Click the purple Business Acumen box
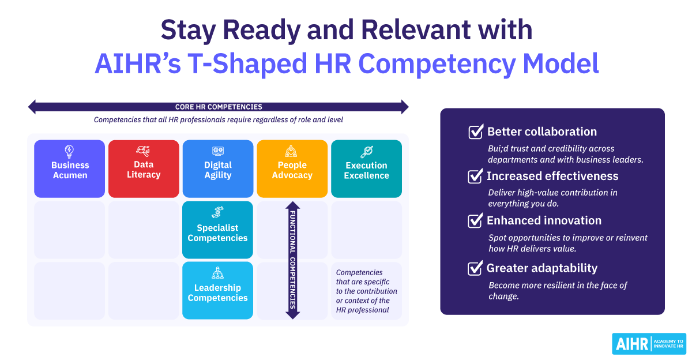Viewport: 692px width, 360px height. coord(70,168)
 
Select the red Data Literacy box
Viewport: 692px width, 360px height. coord(144,168)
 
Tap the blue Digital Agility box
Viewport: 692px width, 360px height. coord(218,168)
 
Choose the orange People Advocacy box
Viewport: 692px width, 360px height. coord(292,168)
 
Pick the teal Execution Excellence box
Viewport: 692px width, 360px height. coord(366,168)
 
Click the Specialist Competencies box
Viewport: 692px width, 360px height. coord(217,230)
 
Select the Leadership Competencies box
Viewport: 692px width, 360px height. coord(217,290)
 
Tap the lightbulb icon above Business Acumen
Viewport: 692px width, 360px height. coord(69,151)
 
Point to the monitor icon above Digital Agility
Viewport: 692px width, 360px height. coord(218,151)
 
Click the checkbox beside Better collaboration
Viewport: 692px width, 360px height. coord(475,132)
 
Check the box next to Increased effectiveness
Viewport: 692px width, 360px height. coord(475,176)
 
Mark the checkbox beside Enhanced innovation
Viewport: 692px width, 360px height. coord(475,220)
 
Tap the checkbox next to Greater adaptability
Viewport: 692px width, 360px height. coord(475,268)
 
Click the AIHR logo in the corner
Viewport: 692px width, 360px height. coord(649,344)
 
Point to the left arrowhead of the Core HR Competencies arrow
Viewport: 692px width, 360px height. coord(32,107)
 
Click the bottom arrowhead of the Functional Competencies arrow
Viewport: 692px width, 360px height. coord(292,315)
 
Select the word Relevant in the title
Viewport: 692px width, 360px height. coord(416,30)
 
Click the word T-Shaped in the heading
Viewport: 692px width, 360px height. coord(247,64)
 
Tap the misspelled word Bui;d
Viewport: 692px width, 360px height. coord(498,149)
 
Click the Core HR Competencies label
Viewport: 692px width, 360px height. coord(219,107)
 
